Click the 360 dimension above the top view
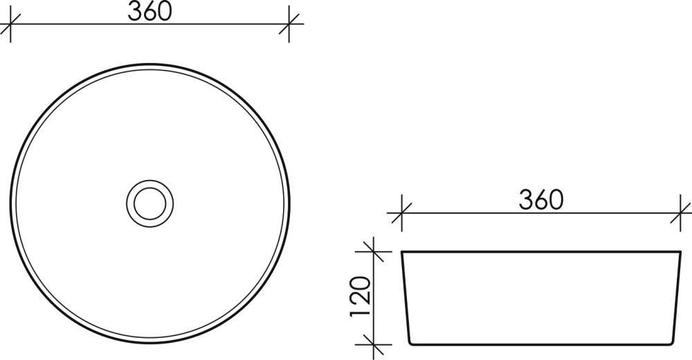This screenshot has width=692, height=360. [149, 12]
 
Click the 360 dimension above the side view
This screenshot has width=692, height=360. [541, 199]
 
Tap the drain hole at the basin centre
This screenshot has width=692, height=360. [150, 203]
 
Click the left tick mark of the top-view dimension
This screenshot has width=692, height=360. [10, 24]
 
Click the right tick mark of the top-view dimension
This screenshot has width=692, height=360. [289, 24]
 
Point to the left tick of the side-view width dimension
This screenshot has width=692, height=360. [401, 213]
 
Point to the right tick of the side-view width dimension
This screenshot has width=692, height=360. [680, 213]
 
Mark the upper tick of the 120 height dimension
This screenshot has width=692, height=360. [374, 251]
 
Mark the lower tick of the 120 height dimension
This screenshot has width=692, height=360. [374, 345]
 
